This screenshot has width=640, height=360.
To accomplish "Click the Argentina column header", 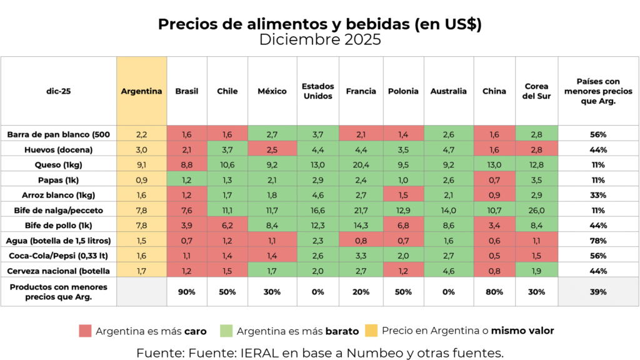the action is pyautogui.click(x=141, y=91).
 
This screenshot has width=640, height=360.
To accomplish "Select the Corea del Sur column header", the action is pyautogui.click(x=536, y=91).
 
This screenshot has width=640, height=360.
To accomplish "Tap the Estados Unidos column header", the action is pyautogui.click(x=317, y=91).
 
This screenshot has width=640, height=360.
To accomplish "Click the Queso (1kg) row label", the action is pyautogui.click(x=58, y=165).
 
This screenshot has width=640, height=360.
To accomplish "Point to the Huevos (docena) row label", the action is pyautogui.click(x=58, y=150).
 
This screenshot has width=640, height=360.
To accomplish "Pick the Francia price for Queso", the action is pyautogui.click(x=361, y=165).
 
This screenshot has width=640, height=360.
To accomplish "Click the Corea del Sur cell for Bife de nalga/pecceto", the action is pyautogui.click(x=536, y=210).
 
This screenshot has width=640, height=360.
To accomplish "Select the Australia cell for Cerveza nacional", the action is pyautogui.click(x=449, y=271).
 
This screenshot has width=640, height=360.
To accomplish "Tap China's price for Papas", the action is pyautogui.click(x=494, y=180).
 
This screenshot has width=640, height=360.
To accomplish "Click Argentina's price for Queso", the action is pyautogui.click(x=141, y=165).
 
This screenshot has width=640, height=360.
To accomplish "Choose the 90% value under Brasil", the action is pyautogui.click(x=186, y=292).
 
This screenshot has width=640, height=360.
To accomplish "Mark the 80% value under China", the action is pyautogui.click(x=494, y=292).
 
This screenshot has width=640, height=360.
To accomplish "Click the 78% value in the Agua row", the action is pyautogui.click(x=598, y=241).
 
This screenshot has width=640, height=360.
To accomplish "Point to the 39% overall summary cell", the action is pyautogui.click(x=598, y=292).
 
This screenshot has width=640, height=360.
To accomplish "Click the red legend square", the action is pyautogui.click(x=85, y=331).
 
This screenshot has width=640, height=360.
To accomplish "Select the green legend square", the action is pyautogui.click(x=226, y=331).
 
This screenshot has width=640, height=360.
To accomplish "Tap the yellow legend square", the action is pyautogui.click(x=371, y=331).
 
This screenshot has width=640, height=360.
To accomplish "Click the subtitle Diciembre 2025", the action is pyautogui.click(x=320, y=39).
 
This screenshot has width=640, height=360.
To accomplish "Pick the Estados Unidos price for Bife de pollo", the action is pyautogui.click(x=317, y=225).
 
